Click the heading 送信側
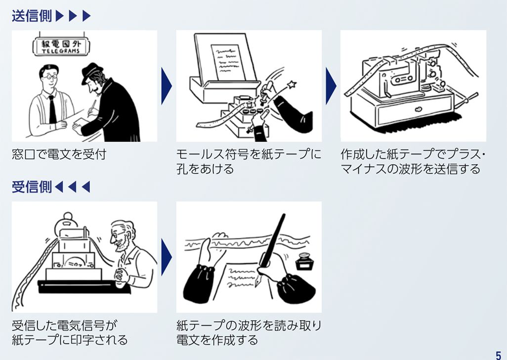pos(32,16)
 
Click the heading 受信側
pos(32,187)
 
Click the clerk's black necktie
pos(52,108)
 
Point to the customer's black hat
pos(93,73)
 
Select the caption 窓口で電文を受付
pos(59,154)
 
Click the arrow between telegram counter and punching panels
pos(166,86)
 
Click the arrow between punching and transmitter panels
pos(331,86)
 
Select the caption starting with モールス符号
pos(249,162)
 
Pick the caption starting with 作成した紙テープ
pos(413,162)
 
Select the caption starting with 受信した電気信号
pos(69,333)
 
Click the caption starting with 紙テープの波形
pos(249,333)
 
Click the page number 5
pos(498,353)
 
